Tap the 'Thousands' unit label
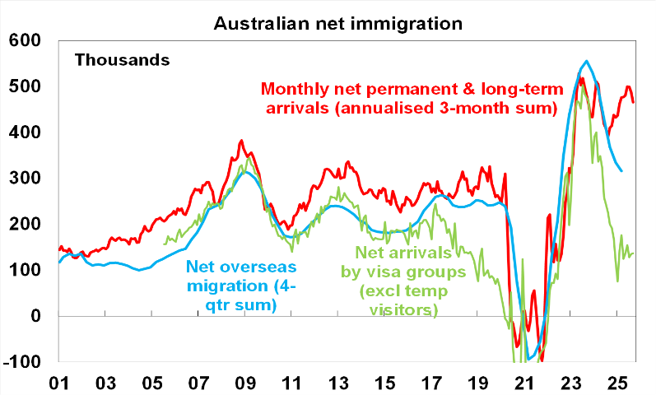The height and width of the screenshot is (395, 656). (122, 59)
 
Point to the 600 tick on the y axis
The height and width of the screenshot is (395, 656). (25, 40)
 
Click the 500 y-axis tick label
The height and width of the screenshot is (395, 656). (25, 86)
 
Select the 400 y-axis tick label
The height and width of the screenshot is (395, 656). (25, 132)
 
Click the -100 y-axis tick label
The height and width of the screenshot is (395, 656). (21, 362)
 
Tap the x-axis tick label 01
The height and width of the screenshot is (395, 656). (59, 383)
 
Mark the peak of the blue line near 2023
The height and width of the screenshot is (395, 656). (585, 61)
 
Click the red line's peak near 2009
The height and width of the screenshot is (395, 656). (240, 141)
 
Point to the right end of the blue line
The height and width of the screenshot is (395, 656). (621, 170)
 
